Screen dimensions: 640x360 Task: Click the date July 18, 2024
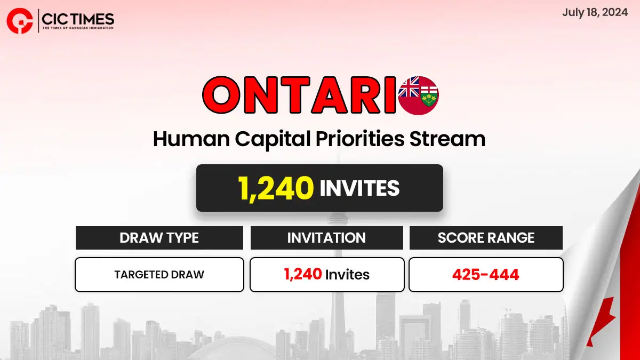595,13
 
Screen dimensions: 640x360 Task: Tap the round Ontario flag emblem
419,95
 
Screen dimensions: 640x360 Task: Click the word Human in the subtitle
191,139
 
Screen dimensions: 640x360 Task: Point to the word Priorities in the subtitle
360,139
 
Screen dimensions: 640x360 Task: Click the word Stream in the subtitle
447,139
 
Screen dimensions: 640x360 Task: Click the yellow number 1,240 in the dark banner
276,189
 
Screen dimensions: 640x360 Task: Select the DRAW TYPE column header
159,238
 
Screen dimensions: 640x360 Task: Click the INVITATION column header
326,238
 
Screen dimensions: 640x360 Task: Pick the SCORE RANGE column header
486,238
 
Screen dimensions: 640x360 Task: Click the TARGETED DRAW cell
159,275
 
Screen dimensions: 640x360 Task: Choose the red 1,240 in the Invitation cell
303,274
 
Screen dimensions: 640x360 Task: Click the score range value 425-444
486,275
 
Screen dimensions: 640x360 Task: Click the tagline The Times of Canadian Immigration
78,28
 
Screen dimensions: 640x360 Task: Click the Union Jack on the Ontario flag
409,87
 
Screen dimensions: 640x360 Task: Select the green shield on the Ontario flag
429,95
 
